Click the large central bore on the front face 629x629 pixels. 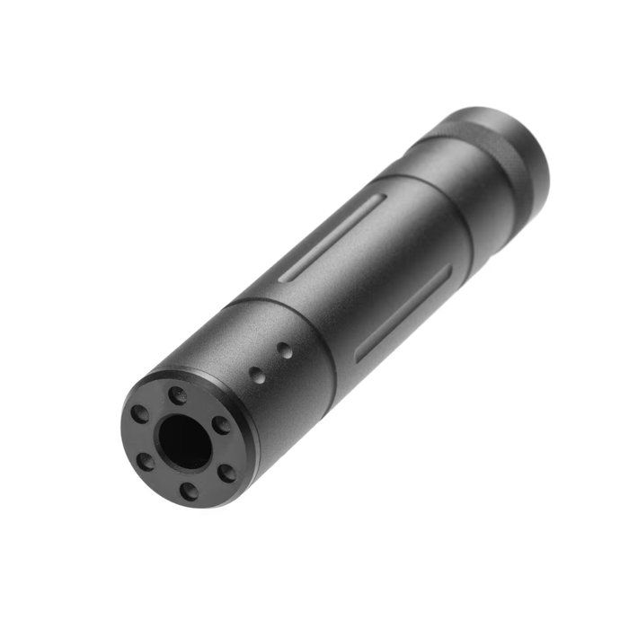pyautogui.click(x=184, y=441)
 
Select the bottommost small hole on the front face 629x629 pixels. pyautogui.click(x=188, y=491)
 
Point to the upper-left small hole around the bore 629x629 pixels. pyautogui.click(x=140, y=414)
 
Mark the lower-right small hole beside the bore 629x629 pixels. pyautogui.click(x=228, y=471)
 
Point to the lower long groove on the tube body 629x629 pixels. pyautogui.click(x=403, y=313)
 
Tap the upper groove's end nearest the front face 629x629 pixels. pyautogui.click(x=285, y=277)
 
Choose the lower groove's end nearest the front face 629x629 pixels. pyautogui.click(x=360, y=357)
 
